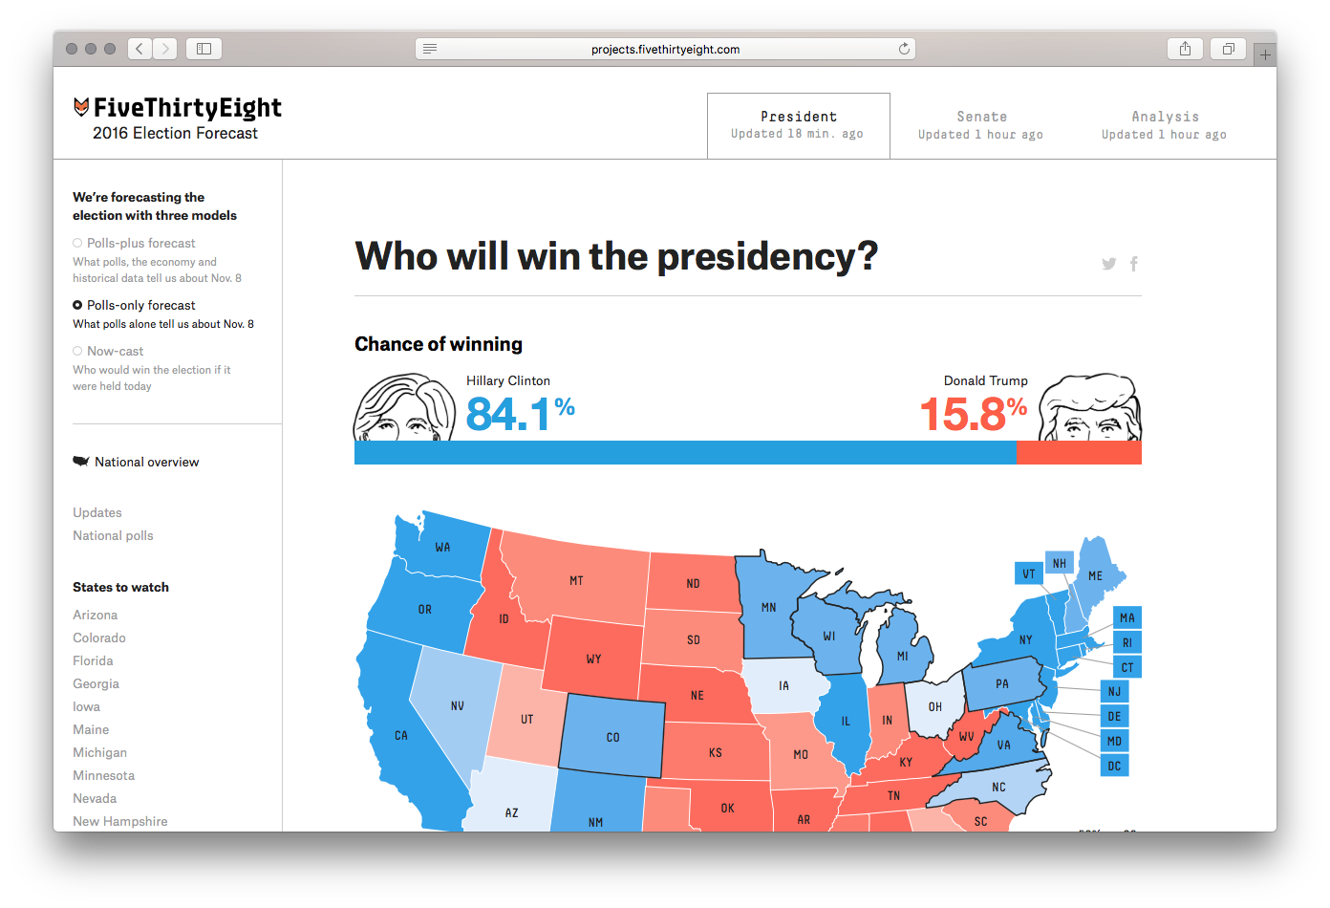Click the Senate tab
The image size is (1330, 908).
pyautogui.click(x=981, y=125)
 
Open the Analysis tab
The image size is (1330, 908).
pyautogui.click(x=1164, y=125)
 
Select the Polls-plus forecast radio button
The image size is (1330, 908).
pyautogui.click(x=77, y=243)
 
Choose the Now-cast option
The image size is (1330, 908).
pyautogui.click(x=77, y=351)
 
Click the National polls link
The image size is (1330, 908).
pyautogui.click(x=113, y=535)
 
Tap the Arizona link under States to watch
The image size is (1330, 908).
pyautogui.click(x=96, y=615)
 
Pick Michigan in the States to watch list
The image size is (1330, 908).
pyautogui.click(x=99, y=752)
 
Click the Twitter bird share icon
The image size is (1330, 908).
pyautogui.click(x=1108, y=264)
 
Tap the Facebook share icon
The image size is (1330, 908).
pyautogui.click(x=1134, y=264)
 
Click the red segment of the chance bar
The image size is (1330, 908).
pyautogui.click(x=1079, y=453)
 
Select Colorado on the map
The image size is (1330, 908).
pyautogui.click(x=612, y=736)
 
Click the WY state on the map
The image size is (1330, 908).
pyautogui.click(x=593, y=658)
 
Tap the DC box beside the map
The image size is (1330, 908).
pyautogui.click(x=1114, y=766)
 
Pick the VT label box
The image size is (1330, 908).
pyautogui.click(x=1028, y=573)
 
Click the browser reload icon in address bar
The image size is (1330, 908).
pyautogui.click(x=904, y=49)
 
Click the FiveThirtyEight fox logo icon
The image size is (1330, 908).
pyautogui.click(x=81, y=107)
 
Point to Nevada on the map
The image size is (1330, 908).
pyautogui.click(x=457, y=705)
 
